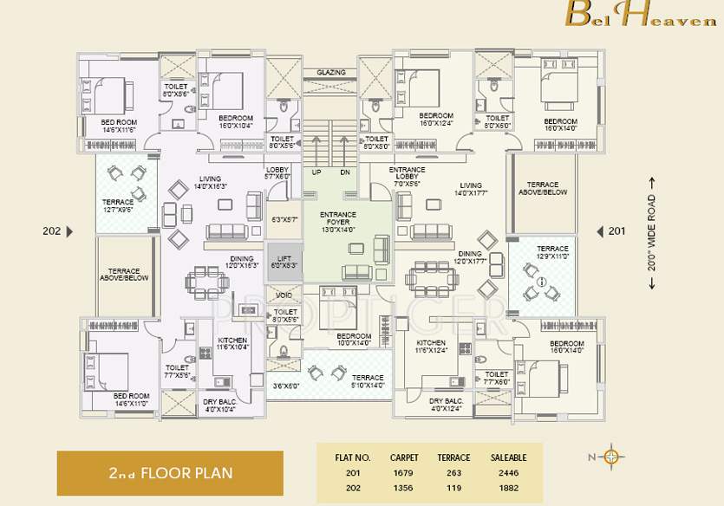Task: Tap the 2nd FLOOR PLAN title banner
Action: tap(170, 474)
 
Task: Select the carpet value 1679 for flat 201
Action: tap(403, 473)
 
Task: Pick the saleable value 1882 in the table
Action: tap(502, 488)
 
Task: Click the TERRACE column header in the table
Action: tap(453, 457)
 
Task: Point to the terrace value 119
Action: tap(453, 488)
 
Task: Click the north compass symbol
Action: tap(612, 457)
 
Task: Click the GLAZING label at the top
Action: tap(330, 73)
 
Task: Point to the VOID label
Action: tap(284, 295)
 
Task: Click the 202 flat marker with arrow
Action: tap(58, 231)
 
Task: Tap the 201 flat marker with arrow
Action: tap(610, 231)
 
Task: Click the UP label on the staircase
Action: tap(316, 172)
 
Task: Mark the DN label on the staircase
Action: tap(344, 172)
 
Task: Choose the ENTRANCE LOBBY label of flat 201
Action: tap(407, 176)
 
